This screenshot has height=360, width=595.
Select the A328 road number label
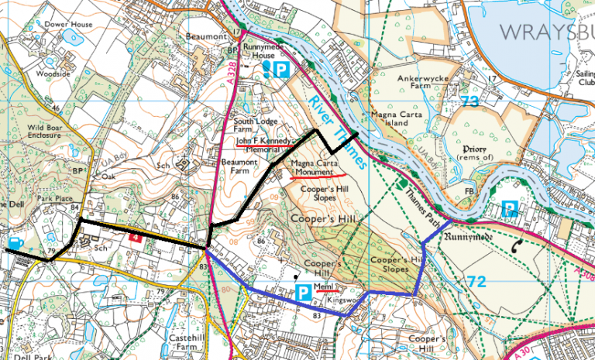(233, 74)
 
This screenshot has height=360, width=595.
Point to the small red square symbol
(135, 239)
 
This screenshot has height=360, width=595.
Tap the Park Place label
(53, 198)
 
